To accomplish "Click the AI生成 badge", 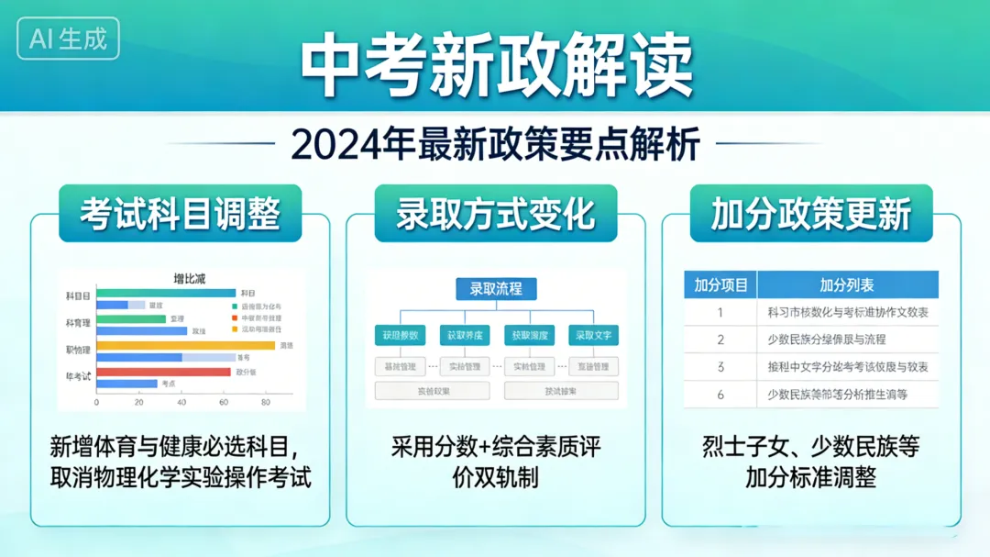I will point(68,39).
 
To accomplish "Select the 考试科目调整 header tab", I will point(180,213).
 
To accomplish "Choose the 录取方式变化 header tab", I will point(495,213).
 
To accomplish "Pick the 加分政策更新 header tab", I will point(810,213).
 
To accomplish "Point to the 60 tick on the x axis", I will point(223,402).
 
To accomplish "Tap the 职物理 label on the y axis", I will point(78,349).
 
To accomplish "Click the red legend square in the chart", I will point(235,317).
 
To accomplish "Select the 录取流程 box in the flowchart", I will point(496,289).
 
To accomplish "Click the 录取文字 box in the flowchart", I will point(593,336).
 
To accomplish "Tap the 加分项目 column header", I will point(720,285).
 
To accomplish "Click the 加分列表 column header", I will point(846,285).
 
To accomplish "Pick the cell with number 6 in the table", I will point(720,395).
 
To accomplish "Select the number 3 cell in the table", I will point(720,367).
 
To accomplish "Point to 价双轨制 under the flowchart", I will point(495,478).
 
